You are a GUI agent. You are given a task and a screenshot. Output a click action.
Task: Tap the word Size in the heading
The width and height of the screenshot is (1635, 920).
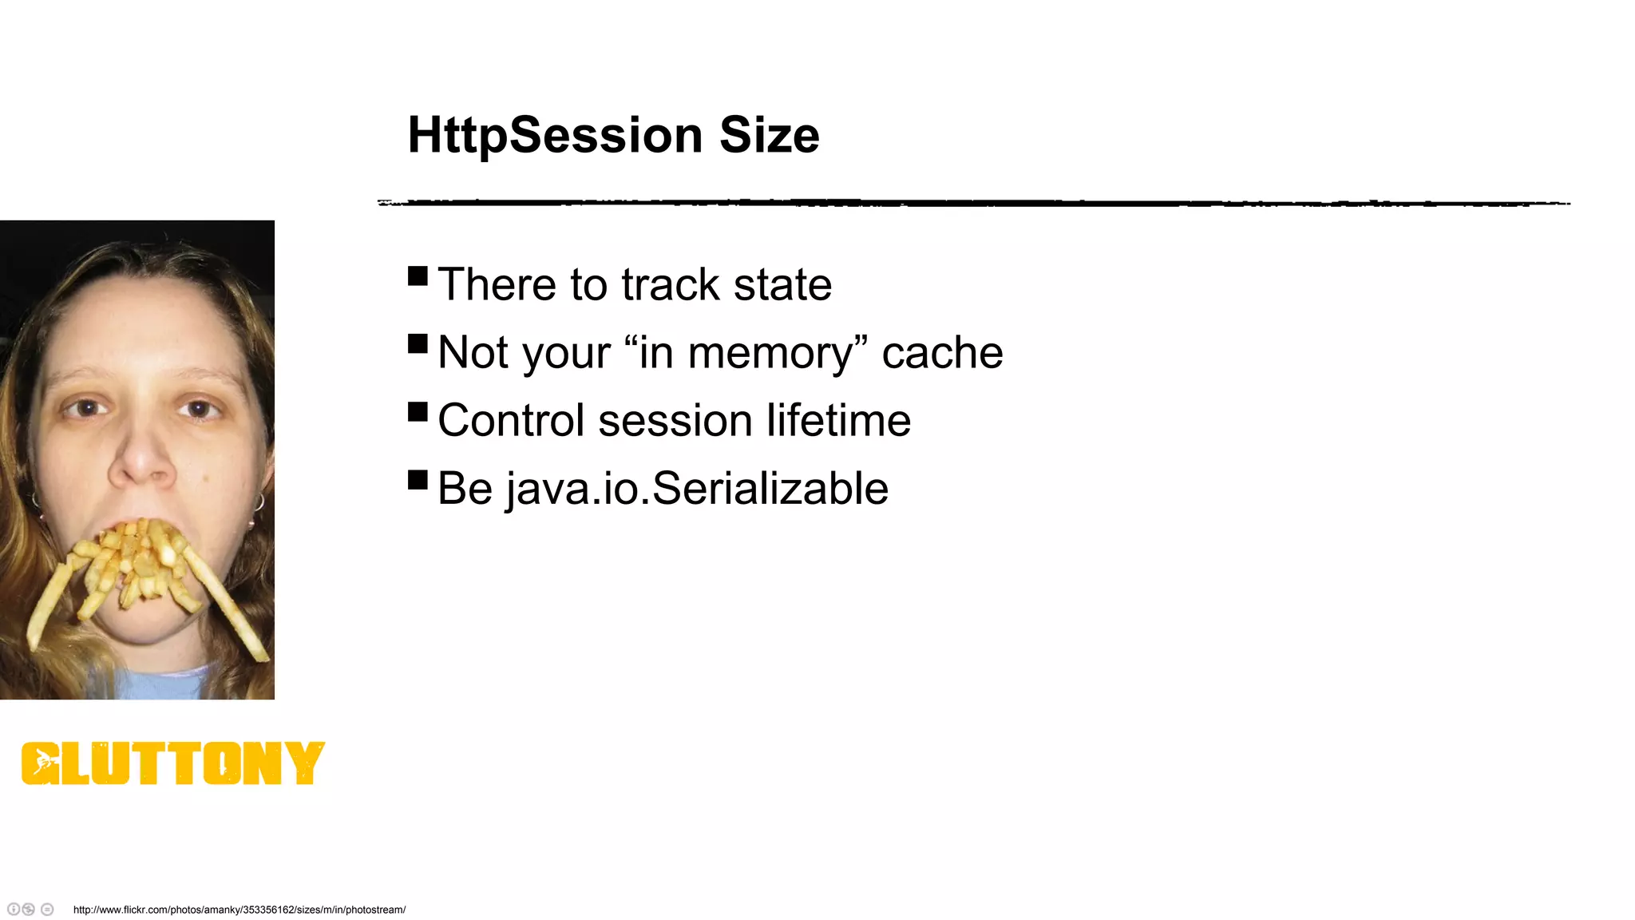pyautogui.click(x=769, y=136)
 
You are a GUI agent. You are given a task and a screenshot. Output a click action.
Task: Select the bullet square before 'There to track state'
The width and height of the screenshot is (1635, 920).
pyautogui.click(x=418, y=276)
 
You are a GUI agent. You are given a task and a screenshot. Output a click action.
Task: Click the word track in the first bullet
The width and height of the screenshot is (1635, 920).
pyautogui.click(x=671, y=285)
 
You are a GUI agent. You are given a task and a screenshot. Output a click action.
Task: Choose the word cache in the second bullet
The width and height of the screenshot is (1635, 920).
pyautogui.click(x=942, y=353)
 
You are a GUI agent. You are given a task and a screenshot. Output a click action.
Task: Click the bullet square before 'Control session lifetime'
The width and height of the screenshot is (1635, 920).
pyautogui.click(x=418, y=412)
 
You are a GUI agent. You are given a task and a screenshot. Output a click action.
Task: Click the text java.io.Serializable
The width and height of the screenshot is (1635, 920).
pyautogui.click(x=697, y=489)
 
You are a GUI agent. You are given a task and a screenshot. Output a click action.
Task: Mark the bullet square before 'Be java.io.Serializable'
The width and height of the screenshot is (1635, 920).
pyautogui.click(x=418, y=480)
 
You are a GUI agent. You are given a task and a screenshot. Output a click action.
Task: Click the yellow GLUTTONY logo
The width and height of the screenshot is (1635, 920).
pyautogui.click(x=172, y=763)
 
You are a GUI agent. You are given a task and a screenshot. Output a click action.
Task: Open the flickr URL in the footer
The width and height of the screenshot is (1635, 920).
pyautogui.click(x=240, y=910)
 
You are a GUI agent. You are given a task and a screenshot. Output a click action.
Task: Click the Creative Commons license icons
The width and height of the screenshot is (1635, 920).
pyautogui.click(x=30, y=910)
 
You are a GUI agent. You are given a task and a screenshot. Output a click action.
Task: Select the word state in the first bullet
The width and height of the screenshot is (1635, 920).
pyautogui.click(x=782, y=285)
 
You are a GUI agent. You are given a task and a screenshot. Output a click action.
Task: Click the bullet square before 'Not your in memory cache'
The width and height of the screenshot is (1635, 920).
pyautogui.click(x=418, y=344)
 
